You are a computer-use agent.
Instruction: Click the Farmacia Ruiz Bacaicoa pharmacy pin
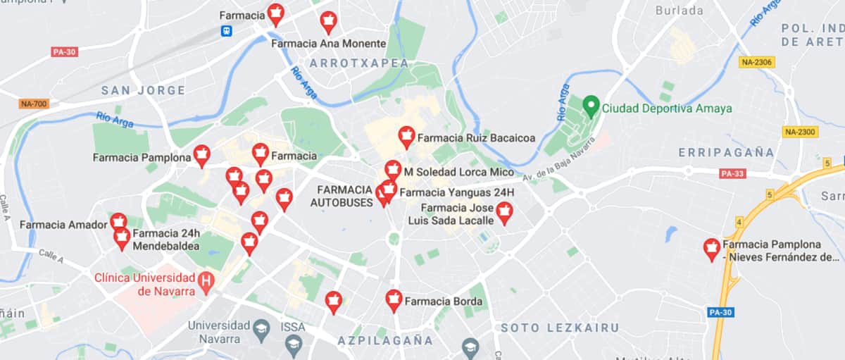coord(406,137)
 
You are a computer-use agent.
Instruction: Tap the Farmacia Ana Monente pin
coord(328,21)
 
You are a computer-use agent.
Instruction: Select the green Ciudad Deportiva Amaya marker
coord(591,107)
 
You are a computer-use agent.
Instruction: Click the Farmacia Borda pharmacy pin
coord(394,300)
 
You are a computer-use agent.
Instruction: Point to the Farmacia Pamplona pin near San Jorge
coord(202,156)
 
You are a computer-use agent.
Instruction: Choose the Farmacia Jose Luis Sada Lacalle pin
coord(503,212)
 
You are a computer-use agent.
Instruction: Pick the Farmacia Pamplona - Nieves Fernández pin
coord(712,249)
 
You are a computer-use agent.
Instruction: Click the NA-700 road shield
coord(34,104)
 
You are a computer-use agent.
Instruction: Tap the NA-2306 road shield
coord(757,62)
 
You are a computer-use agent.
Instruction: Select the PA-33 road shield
coord(732,173)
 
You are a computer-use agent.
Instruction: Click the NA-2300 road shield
coord(799,132)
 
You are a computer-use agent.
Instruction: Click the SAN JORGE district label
coord(143,90)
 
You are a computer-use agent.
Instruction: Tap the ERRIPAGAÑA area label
coord(726,152)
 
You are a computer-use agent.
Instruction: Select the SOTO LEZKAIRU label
coord(559,328)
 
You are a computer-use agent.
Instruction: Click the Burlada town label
coord(679,11)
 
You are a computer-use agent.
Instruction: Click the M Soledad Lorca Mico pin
coord(393,170)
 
